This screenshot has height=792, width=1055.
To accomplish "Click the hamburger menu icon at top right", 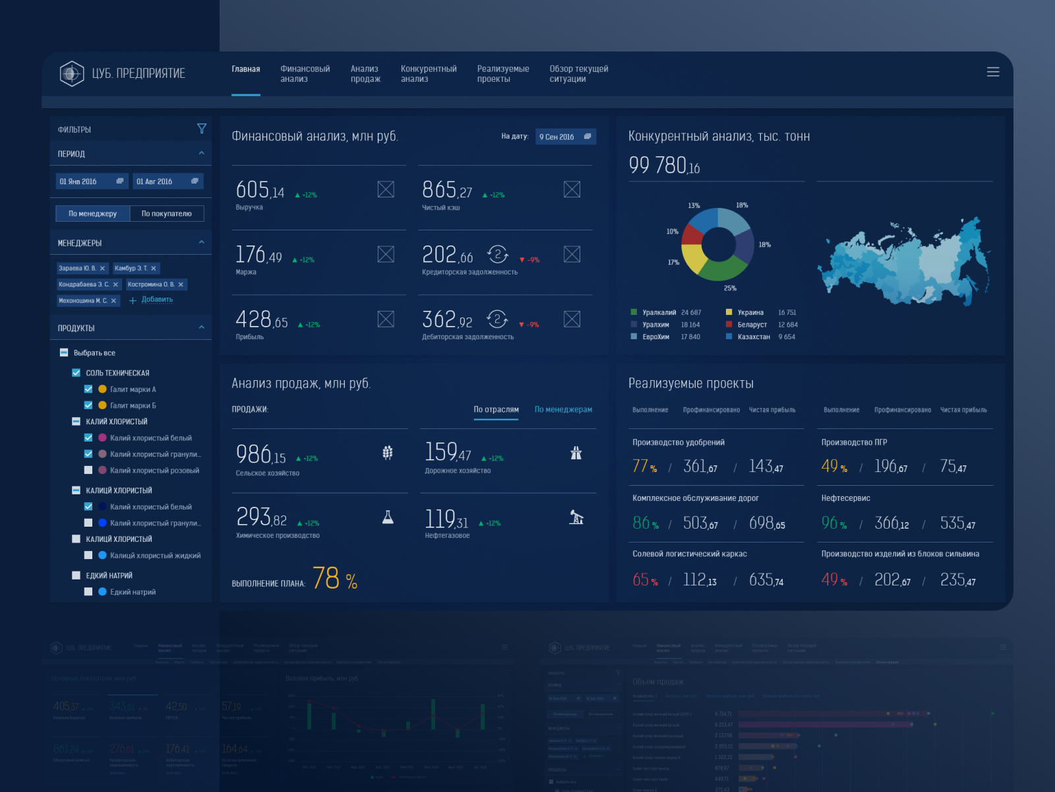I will coord(992,72).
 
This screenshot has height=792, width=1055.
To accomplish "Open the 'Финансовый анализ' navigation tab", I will coord(305,74).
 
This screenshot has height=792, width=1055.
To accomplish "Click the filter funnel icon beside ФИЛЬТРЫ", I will coord(202,129).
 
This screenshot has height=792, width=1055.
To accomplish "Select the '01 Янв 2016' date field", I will coord(91,181).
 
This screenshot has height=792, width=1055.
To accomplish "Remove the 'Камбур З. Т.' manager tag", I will coord(154,269).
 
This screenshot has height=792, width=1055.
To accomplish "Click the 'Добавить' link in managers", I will coord(157,300).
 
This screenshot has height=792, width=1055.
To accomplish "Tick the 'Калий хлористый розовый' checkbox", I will coord(88,471).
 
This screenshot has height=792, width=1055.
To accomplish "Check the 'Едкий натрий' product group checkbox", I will coord(76,576).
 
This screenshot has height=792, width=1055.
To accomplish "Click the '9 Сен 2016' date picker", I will coord(565,137).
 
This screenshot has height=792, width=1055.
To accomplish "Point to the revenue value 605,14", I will coord(260,191).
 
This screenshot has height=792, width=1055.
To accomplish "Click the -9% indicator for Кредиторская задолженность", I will coord(529,260).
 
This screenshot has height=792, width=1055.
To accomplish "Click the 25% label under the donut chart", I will coord(730,288).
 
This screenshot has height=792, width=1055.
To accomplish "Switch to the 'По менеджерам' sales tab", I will coord(563,410).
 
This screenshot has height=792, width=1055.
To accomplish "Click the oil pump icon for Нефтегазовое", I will coord(576,517).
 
